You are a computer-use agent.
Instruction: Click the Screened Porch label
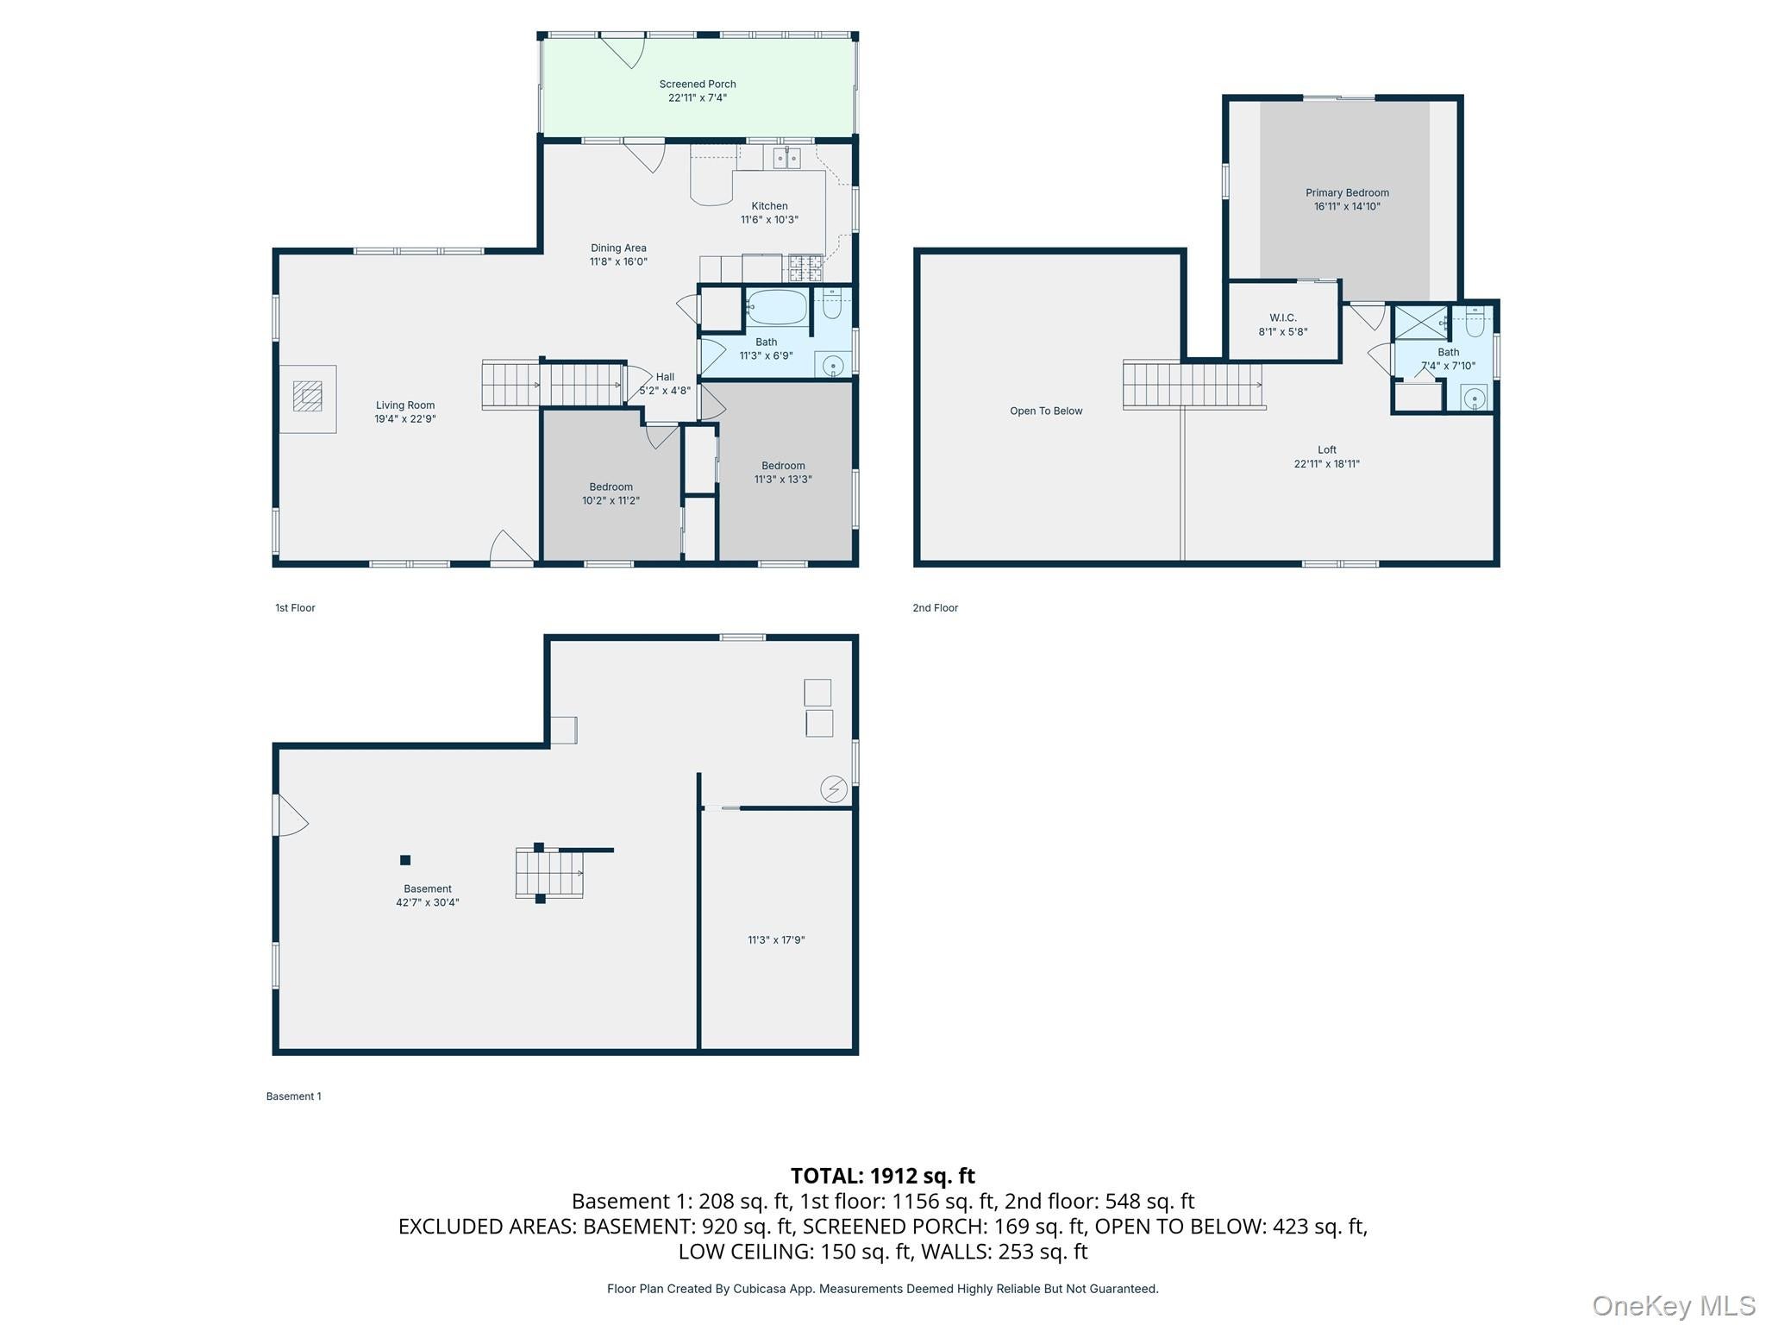coord(698,84)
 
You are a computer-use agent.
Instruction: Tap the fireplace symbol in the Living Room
coord(307,398)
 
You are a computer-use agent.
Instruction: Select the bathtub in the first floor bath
coord(777,306)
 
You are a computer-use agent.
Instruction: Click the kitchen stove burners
coord(805,267)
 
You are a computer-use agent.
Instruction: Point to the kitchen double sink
coord(786,158)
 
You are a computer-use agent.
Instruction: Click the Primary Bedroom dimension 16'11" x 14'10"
coord(1347,206)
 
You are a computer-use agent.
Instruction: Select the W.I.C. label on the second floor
coord(1283,317)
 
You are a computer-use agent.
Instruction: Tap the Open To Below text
coord(1046,411)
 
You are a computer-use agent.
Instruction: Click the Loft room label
coord(1326,449)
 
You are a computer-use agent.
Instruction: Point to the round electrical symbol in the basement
coord(834,789)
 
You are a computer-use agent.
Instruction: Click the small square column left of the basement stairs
coord(405,860)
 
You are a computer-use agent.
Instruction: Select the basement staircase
coord(549,873)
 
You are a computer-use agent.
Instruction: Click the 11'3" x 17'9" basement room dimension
coord(776,940)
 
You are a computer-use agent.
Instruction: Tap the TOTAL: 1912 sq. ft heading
coord(882,1176)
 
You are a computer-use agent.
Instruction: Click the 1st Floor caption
coord(295,608)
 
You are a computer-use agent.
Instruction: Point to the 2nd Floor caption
coord(936,608)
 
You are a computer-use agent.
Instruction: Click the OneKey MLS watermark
coord(1674,1306)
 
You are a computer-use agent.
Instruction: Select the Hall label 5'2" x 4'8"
coord(665,384)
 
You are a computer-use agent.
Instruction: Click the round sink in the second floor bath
coord(1475,399)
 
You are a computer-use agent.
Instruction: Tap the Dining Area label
coord(618,248)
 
